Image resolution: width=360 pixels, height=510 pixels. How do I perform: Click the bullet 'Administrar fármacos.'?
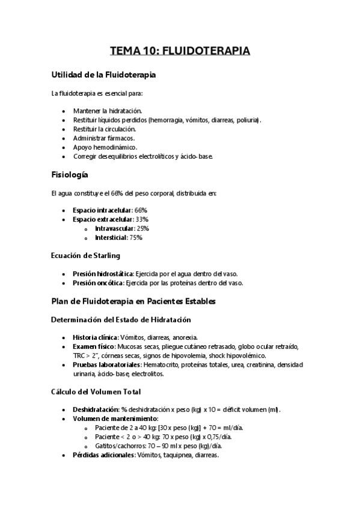point(103,138)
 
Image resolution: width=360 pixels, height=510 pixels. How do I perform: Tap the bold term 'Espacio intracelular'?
point(102,210)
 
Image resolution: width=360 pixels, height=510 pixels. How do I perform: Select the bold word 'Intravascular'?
point(114,229)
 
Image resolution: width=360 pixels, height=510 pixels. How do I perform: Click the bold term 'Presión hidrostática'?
point(103,273)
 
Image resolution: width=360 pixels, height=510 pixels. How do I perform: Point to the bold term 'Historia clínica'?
point(95,337)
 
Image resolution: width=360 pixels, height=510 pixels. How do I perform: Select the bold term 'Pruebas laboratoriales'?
point(106,364)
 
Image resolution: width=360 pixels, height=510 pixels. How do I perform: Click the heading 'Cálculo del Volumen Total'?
point(96,392)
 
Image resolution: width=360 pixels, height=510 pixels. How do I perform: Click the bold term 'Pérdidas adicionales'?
point(103,455)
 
